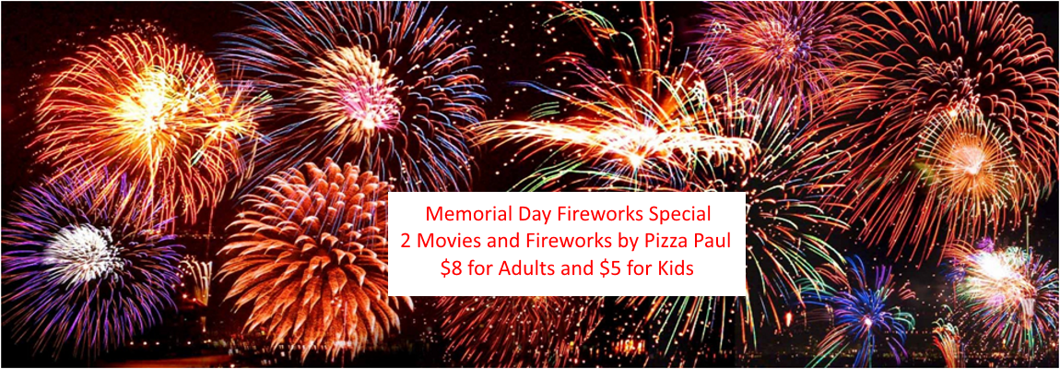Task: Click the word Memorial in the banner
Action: click(x=463, y=216)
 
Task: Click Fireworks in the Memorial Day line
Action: click(x=593, y=216)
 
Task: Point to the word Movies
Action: click(x=443, y=242)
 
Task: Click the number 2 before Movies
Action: click(x=405, y=242)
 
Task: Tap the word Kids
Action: click(x=672, y=268)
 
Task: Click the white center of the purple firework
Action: click(x=80, y=253)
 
